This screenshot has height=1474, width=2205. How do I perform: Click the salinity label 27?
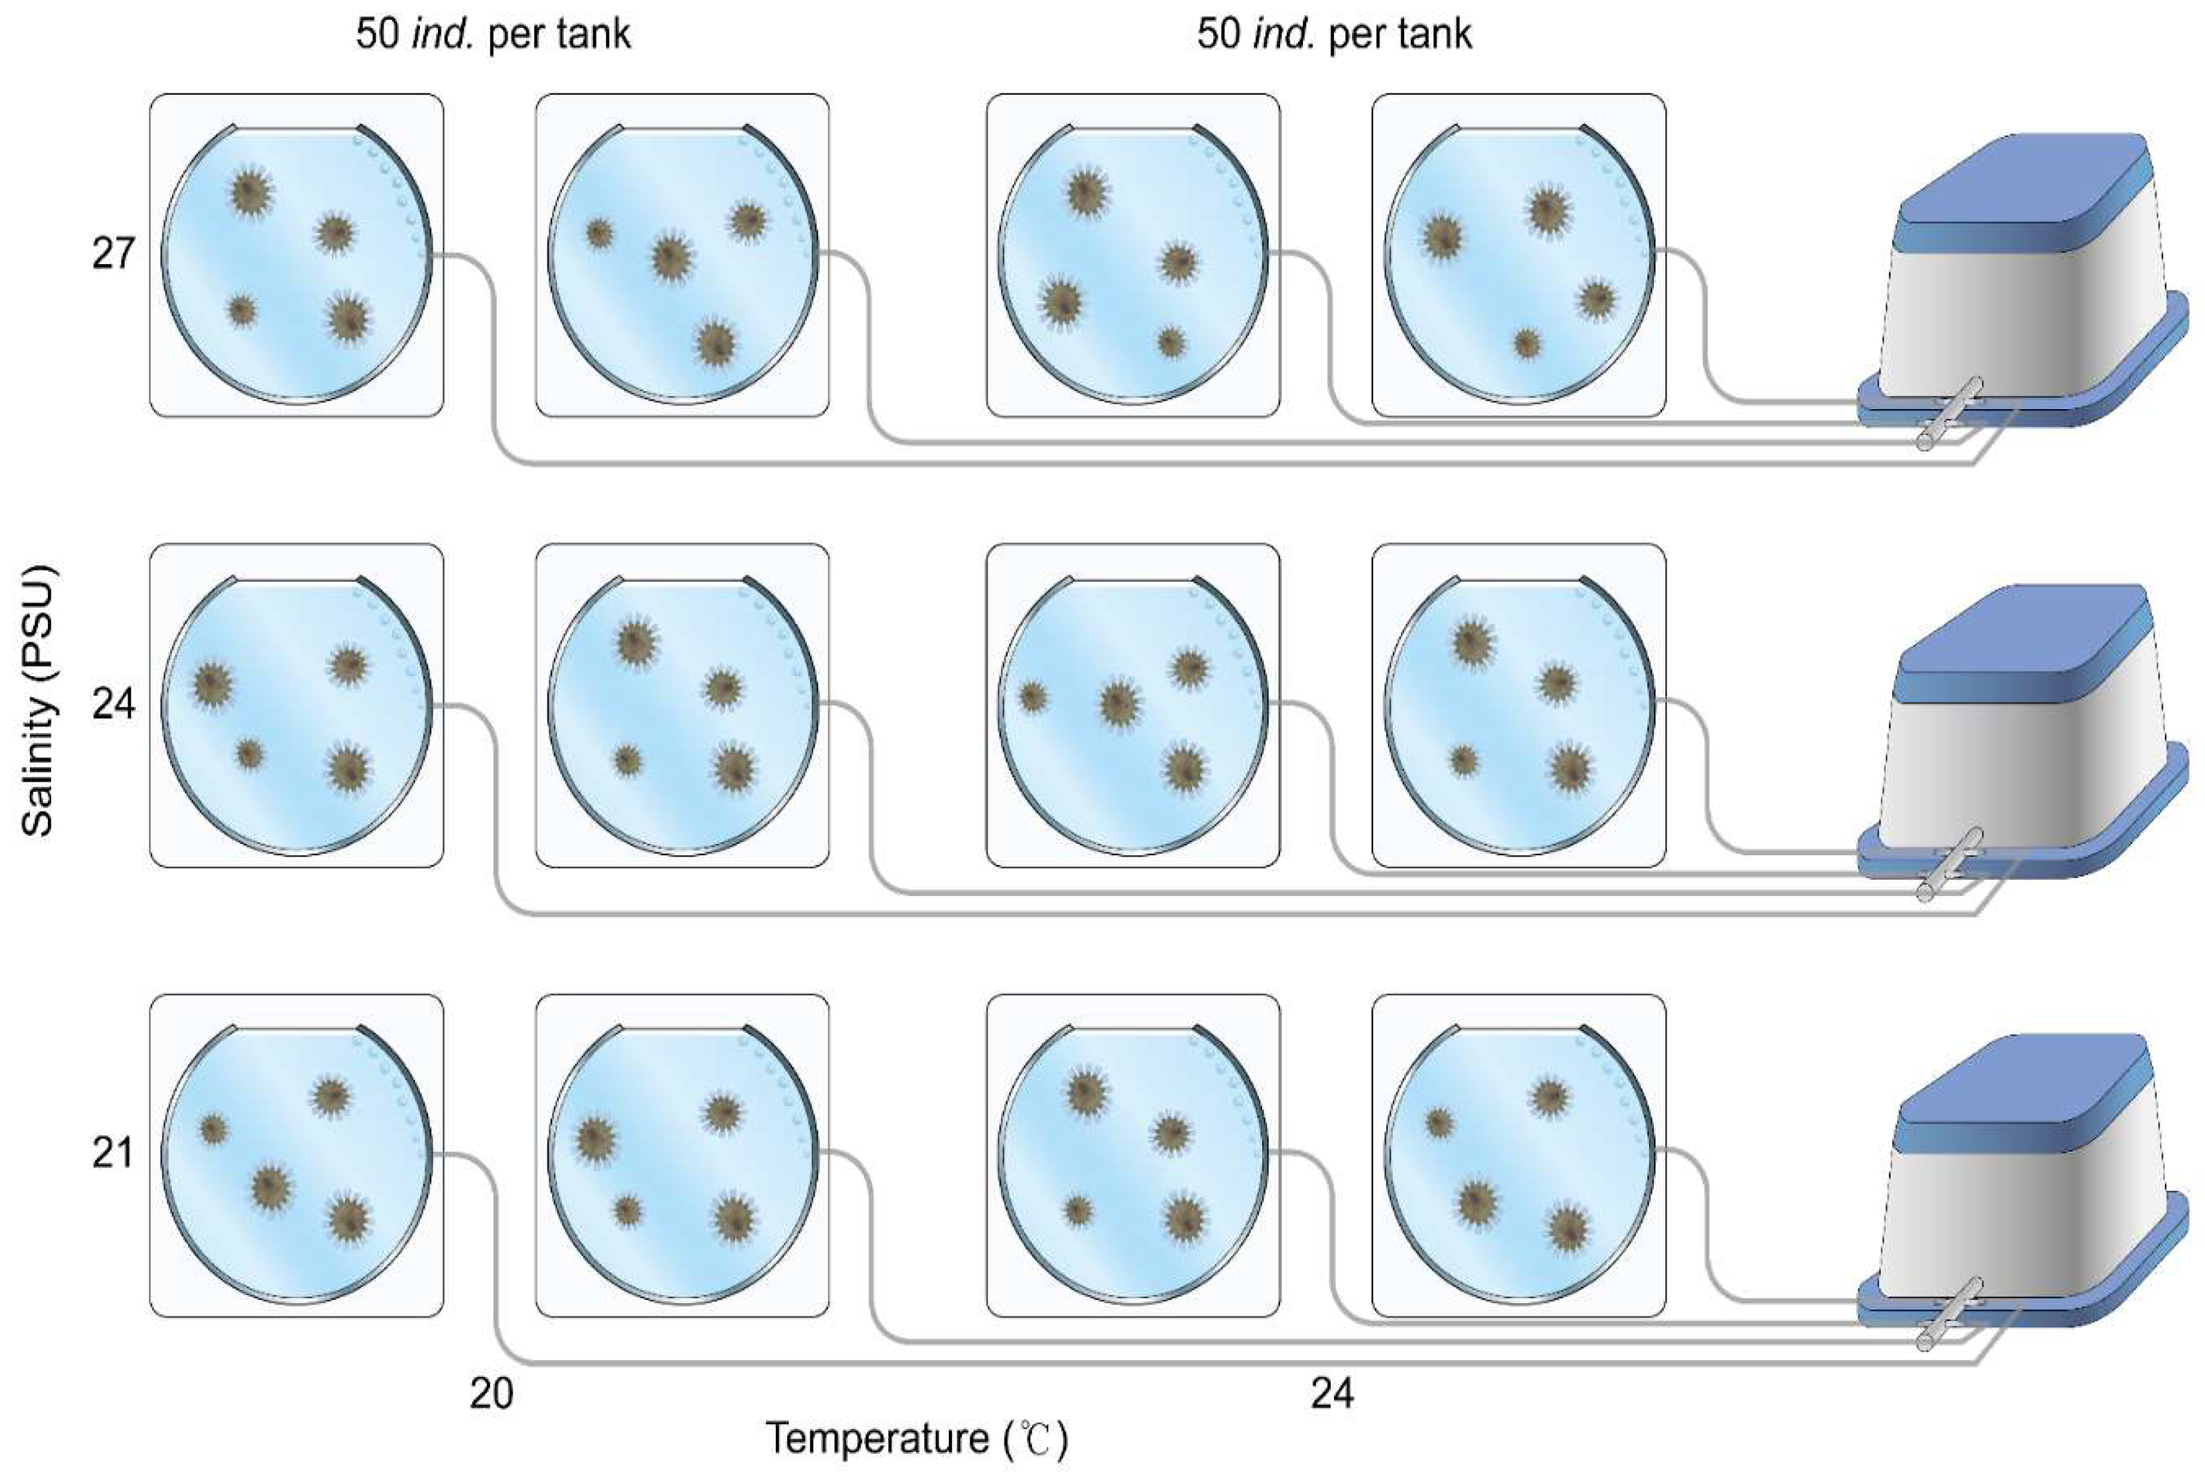pyautogui.click(x=113, y=254)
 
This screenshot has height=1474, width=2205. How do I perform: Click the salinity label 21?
pyautogui.click(x=113, y=1152)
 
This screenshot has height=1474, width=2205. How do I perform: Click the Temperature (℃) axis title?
pyautogui.click(x=917, y=1438)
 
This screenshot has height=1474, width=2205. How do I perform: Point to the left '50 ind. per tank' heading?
pyautogui.click(x=492, y=35)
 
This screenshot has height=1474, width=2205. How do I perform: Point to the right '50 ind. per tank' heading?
pyautogui.click(x=1333, y=35)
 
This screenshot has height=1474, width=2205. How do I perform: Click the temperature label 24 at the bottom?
pyautogui.click(x=1332, y=1393)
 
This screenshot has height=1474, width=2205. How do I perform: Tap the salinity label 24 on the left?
pyautogui.click(x=113, y=703)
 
